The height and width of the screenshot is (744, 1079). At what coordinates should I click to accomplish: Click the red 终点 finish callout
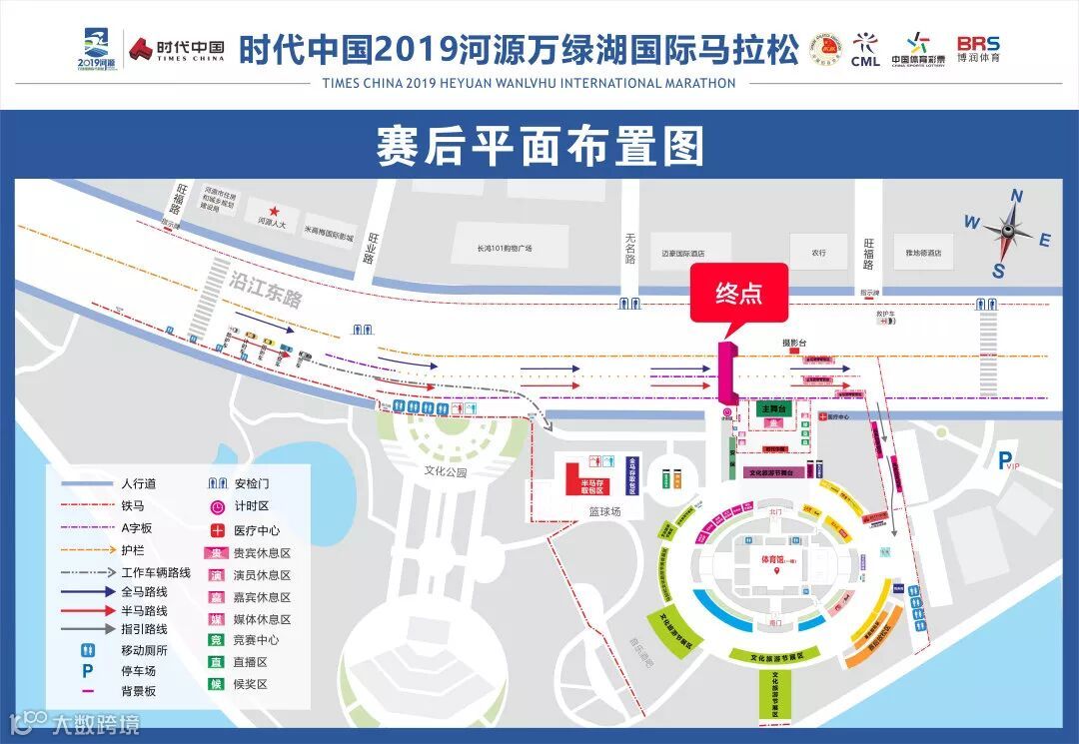coord(738,294)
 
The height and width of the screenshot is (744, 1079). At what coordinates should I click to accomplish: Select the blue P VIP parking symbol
coord(1006,460)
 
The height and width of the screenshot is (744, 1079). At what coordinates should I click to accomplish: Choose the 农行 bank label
coord(818,253)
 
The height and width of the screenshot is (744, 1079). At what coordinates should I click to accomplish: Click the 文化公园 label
coord(446,471)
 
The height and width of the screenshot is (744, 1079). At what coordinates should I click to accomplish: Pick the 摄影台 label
coord(794,343)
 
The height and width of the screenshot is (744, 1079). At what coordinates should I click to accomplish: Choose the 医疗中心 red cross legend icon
coord(216,530)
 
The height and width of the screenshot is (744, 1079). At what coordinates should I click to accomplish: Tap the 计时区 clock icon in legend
coord(216,507)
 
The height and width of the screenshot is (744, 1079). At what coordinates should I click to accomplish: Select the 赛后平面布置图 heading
coord(539,147)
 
